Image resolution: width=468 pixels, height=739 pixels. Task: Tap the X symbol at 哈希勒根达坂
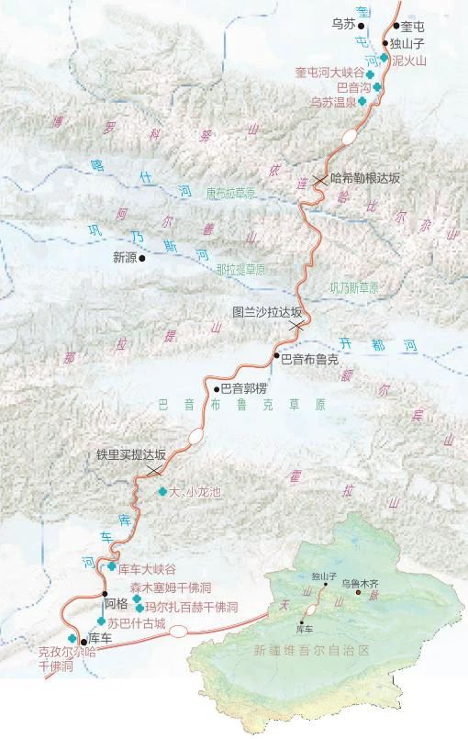pyautogui.click(x=318, y=180)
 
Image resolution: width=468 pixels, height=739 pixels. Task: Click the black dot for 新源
pyautogui.click(x=141, y=258)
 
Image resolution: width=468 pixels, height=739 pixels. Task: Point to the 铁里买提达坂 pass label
pyautogui.click(x=131, y=454)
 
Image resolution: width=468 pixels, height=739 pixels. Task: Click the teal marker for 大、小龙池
pyautogui.click(x=162, y=491)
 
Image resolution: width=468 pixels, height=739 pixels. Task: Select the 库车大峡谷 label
pyautogui.click(x=147, y=569)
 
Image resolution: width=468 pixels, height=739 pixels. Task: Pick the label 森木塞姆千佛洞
pyautogui.click(x=183, y=588)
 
